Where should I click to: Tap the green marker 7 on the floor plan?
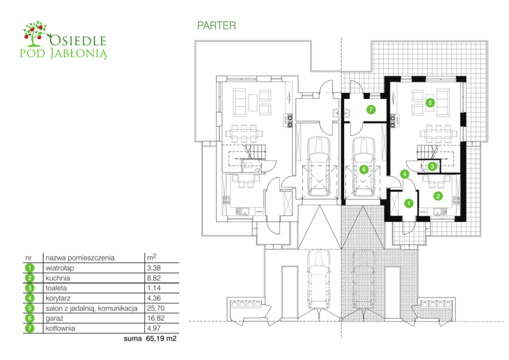coord(371,109)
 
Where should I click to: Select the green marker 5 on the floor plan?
coord(430,103)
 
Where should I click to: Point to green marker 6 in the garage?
coord(363,170)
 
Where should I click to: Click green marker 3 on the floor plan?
coord(431,166)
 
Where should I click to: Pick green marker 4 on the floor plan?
coord(404,175)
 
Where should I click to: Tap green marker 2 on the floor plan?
coord(438,196)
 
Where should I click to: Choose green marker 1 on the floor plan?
coord(409,203)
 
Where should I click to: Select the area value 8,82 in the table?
coord(153,278)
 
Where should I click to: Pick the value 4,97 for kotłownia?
coord(153,328)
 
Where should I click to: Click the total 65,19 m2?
coord(161,339)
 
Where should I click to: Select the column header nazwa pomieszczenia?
coord(80,257)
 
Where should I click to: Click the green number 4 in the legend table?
coord(30,298)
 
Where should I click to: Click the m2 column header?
coord(150,257)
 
